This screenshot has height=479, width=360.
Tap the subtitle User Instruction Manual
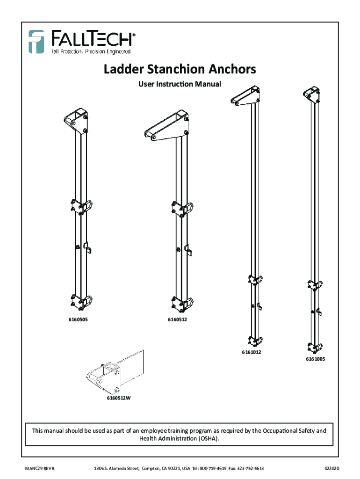(x=180, y=84)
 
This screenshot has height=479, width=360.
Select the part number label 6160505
(x=76, y=320)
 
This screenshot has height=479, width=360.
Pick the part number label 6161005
(x=316, y=359)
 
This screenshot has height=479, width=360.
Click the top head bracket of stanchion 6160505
(x=77, y=121)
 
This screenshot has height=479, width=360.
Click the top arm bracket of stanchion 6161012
(x=246, y=95)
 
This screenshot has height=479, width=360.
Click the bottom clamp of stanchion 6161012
(x=255, y=341)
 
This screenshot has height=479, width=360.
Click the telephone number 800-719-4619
(x=213, y=468)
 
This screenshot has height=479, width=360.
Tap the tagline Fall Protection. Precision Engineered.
(x=91, y=51)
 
